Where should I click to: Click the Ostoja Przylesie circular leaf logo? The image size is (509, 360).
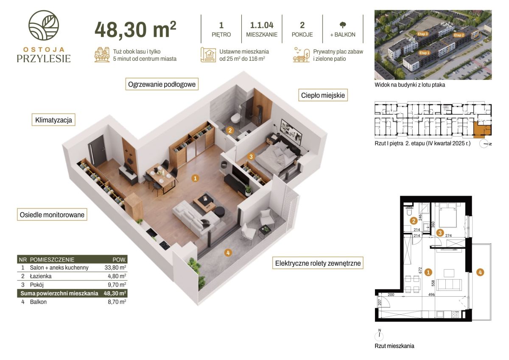[x=44, y=25]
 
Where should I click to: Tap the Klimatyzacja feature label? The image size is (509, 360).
[x=53, y=120]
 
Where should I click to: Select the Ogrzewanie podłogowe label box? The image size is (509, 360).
[x=162, y=84]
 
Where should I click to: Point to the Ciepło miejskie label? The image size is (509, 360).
[x=323, y=95]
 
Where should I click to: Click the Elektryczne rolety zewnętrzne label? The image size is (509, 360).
[x=318, y=263]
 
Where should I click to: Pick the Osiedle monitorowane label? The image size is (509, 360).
[x=52, y=214]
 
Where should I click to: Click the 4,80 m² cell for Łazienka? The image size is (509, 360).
[x=117, y=276]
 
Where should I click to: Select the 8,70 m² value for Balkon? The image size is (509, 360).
[x=117, y=302]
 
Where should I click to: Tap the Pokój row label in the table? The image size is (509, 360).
[x=37, y=285]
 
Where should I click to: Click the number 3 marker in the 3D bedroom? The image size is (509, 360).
[x=251, y=157]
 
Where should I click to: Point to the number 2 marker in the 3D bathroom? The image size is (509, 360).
[x=230, y=130]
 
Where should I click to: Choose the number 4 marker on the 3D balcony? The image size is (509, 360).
[x=228, y=253]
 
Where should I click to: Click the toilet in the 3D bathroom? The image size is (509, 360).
[x=235, y=118]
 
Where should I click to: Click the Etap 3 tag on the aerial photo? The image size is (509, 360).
[x=422, y=34]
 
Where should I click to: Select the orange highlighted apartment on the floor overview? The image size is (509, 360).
[x=482, y=129]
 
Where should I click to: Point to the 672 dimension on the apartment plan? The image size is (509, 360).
[x=420, y=270]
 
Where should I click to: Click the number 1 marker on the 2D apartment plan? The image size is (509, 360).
[x=428, y=272]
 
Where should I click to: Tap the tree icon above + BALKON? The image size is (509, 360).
[x=343, y=25]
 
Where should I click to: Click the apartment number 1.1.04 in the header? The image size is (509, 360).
[x=262, y=25]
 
